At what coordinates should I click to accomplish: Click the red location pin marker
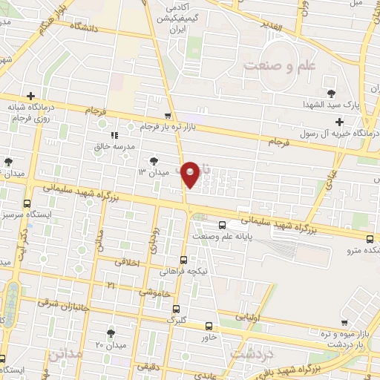[191, 174]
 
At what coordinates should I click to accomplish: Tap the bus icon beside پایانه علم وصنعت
[221, 226]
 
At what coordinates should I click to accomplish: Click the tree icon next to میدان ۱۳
[154, 160]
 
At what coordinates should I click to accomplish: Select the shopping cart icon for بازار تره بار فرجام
[168, 116]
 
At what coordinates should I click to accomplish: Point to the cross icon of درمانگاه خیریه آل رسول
[340, 122]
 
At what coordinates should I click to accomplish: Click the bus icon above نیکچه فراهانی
[183, 260]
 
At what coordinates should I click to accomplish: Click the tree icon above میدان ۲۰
[111, 333]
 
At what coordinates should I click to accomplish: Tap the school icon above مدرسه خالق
[114, 135]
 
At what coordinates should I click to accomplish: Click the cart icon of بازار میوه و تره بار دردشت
[344, 322]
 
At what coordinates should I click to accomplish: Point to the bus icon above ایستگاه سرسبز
[27, 203]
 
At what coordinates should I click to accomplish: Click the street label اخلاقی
[128, 261]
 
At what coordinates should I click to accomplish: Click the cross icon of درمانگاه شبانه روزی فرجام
[30, 96]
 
